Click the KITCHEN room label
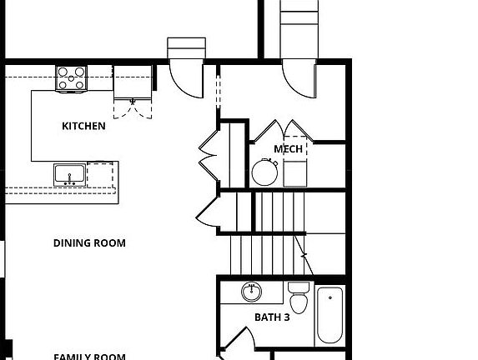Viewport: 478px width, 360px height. click(83, 127)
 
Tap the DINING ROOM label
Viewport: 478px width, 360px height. click(89, 243)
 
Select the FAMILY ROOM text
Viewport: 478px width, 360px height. click(89, 357)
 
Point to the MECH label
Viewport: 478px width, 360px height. click(288, 149)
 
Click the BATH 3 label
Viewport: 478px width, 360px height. click(272, 317)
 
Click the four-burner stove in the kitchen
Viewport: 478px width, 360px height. click(72, 78)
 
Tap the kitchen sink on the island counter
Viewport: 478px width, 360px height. click(69, 175)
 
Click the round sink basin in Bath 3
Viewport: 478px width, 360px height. click(251, 292)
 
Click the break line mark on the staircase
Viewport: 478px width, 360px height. click(304, 254)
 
